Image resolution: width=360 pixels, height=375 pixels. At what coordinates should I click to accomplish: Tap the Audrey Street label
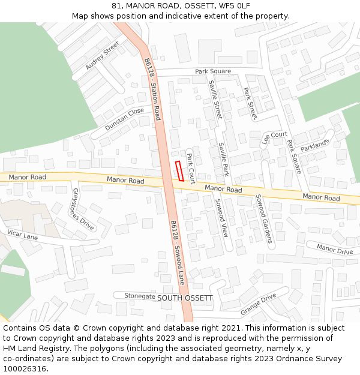pos(103,56)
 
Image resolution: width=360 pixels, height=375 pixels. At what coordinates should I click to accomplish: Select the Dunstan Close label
pos(124,119)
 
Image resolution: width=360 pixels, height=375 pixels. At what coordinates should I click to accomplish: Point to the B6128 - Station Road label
pos(153,89)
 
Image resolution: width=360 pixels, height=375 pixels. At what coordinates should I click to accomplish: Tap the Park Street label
pos(250,103)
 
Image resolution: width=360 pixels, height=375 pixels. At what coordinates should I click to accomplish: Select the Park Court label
pos(191,168)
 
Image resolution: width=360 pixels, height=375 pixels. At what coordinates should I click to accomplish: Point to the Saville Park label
pos(224,158)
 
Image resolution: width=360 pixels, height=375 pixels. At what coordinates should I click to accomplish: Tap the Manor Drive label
pos(334,248)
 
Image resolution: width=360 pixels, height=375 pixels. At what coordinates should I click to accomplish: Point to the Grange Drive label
pos(258,304)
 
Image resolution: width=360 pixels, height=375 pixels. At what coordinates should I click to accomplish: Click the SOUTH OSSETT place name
pos(185,298)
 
